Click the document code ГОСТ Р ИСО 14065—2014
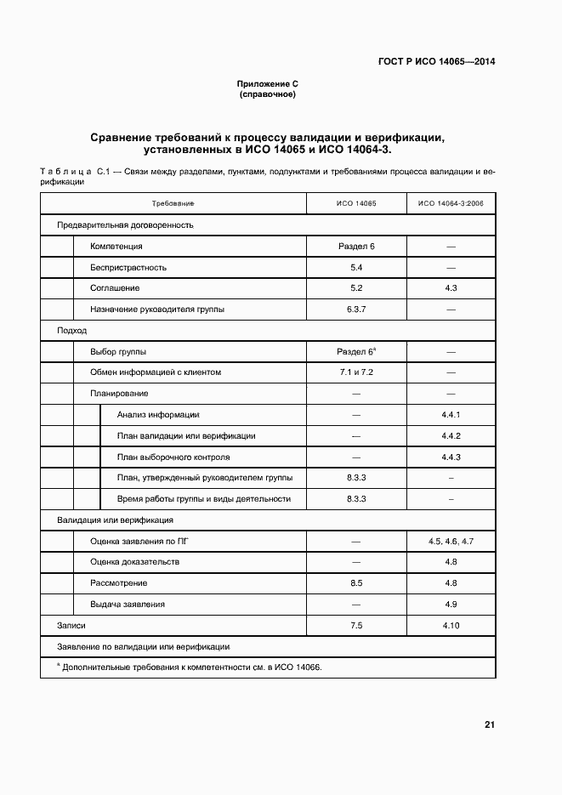click(x=436, y=61)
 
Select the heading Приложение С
click(x=267, y=83)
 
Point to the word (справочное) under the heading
click(x=267, y=94)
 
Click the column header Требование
click(x=173, y=203)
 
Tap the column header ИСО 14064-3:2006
click(x=451, y=203)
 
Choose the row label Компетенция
click(x=116, y=247)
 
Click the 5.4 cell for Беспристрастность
click(x=356, y=268)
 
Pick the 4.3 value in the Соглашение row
click(x=451, y=288)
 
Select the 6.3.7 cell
click(x=356, y=309)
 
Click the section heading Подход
click(x=71, y=330)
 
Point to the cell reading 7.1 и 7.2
click(x=356, y=372)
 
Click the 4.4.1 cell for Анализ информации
click(x=451, y=414)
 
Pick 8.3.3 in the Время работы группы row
click(x=356, y=499)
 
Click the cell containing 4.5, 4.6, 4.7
click(x=451, y=541)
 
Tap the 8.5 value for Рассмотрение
click(x=356, y=583)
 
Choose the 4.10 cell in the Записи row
click(x=451, y=625)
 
